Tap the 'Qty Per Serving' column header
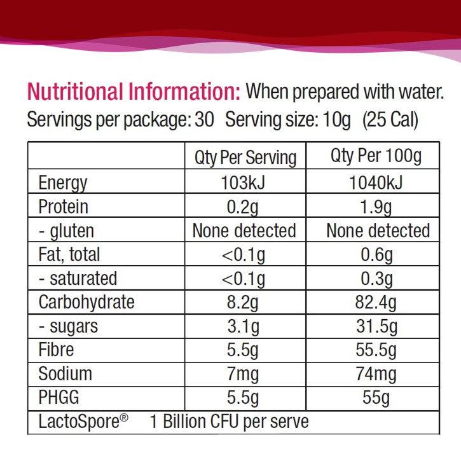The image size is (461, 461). tap(245, 158)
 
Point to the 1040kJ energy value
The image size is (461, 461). tap(376, 183)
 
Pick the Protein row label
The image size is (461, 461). tap(63, 207)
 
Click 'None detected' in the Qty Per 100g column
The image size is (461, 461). tap(378, 230)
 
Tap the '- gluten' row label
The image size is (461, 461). tap(66, 230)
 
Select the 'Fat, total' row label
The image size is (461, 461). tap(69, 254)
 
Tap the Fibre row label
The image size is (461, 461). tap(56, 350)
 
